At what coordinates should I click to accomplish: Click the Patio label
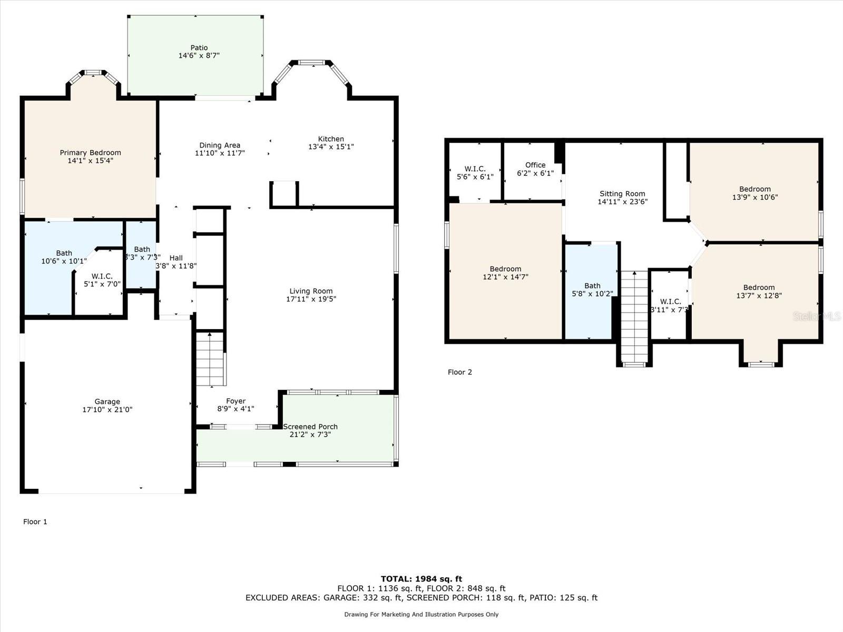pos(199,47)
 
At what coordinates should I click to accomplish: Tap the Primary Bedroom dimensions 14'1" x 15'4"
pos(90,161)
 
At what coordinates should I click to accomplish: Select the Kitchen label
pos(331,139)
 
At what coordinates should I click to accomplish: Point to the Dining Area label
pos(220,145)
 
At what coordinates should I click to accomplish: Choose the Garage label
pos(107,401)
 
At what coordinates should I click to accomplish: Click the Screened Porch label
pos(310,427)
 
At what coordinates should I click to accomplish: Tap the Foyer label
pos(236,401)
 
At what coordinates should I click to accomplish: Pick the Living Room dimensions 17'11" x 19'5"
pos(311,299)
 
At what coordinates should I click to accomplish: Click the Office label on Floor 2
pos(535,165)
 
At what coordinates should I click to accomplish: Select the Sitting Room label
pos(622,193)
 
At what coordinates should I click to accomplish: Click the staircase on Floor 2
pos(634,316)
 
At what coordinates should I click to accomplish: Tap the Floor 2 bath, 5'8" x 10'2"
pos(592,290)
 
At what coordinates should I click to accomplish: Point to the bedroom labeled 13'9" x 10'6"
pos(755,193)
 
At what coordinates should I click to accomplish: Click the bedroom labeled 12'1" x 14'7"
pos(505,273)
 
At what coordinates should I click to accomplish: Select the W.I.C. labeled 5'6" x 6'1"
pos(475,173)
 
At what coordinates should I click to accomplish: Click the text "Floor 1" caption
pos(35,522)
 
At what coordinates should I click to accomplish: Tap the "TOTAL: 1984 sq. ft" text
pos(421,579)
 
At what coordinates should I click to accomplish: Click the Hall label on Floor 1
pos(176,258)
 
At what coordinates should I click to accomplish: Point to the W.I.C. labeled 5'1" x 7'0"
pos(102,280)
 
